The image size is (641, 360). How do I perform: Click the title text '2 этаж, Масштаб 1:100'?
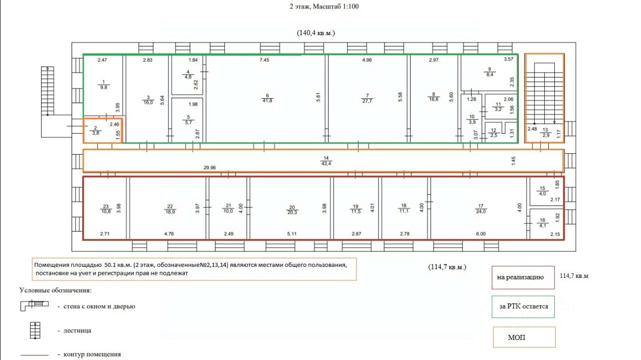coord(324,7)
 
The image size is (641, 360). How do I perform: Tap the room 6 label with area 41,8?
coord(268,98)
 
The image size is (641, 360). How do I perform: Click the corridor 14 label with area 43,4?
coord(326,161)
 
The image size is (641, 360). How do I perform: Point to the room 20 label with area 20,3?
coord(292,209)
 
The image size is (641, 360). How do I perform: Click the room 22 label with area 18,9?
coord(170,209)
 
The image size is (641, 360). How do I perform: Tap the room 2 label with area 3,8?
coord(95,131)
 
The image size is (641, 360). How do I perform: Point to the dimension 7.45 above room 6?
coord(264,60)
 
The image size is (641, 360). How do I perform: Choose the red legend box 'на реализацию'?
coord(523,277)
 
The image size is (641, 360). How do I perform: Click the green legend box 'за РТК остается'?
coord(523,306)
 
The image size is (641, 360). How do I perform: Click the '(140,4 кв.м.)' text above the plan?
coord(315,33)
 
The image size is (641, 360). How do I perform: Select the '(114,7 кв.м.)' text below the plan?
coord(448,267)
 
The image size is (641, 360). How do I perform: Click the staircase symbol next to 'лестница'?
coord(35,330)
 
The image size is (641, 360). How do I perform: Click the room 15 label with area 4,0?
coord(542,191)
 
